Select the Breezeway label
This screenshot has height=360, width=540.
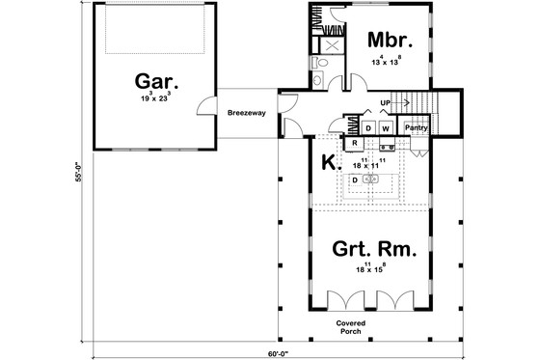pos(247,113)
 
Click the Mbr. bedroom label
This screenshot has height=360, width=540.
pos(391,42)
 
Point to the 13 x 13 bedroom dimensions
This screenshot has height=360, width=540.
pos(391,61)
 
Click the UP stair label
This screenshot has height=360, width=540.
pos(387,102)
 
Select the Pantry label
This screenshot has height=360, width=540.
pos(416,127)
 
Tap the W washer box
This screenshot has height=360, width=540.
pos(385,127)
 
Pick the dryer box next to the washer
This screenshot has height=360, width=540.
pos(368,127)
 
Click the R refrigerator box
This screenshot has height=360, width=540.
pos(354,143)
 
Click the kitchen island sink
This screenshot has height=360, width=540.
pos(374,180)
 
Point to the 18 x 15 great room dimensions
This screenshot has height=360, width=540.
pos(368,270)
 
